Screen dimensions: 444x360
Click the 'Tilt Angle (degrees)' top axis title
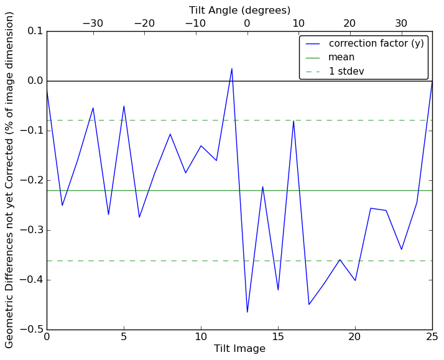click(239, 11)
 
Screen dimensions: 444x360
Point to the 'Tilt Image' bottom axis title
click(239, 348)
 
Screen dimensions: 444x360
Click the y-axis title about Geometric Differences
click(9, 180)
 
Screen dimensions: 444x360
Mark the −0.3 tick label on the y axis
click(31, 231)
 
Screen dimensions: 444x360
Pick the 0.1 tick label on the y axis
click(35, 31)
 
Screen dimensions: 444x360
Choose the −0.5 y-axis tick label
click(31, 330)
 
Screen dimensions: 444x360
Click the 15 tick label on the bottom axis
click(278, 337)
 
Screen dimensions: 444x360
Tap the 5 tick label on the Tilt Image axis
click(124, 337)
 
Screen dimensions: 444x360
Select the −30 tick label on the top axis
click(93, 24)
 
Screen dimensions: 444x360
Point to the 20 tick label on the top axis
click(349, 24)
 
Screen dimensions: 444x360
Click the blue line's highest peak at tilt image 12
click(232, 68)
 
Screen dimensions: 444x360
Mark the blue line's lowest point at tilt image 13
click(247, 312)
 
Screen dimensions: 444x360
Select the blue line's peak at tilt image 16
click(294, 121)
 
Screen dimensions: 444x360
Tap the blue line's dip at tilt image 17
click(309, 305)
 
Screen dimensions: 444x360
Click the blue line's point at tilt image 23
click(402, 249)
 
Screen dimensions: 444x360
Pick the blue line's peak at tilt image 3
click(93, 108)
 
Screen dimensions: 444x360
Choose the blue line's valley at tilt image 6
click(139, 217)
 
